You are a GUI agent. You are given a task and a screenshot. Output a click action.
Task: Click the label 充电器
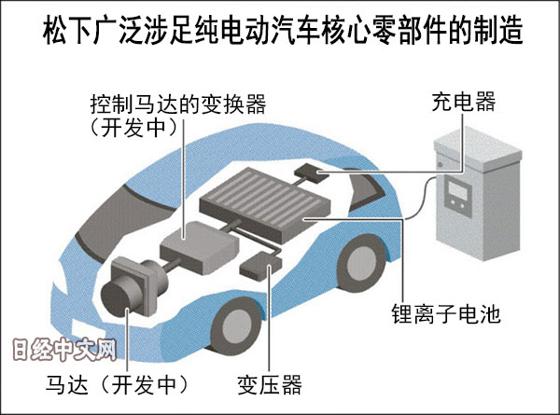tap(463, 100)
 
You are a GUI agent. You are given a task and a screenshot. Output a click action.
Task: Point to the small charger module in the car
tap(308, 171)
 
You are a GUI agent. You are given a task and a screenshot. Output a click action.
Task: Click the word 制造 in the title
tap(495, 33)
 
